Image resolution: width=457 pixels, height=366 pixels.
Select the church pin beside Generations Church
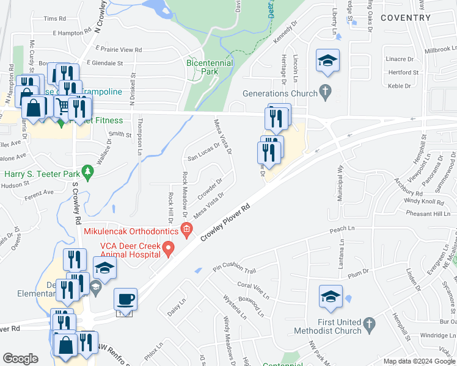pyautogui.click(x=326, y=93)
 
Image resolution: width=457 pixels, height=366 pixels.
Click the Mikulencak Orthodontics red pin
pyautogui.click(x=187, y=231)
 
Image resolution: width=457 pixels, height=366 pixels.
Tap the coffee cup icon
pyautogui.click(x=126, y=300)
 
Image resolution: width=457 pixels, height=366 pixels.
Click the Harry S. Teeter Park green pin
pyautogui.click(x=89, y=171)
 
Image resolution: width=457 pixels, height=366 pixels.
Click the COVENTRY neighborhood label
pyautogui.click(x=405, y=18)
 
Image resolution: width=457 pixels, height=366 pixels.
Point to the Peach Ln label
pyautogui.click(x=342, y=229)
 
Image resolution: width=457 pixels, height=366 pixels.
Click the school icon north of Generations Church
pyautogui.click(x=327, y=61)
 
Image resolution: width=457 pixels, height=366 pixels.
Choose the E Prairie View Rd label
pyautogui.click(x=115, y=49)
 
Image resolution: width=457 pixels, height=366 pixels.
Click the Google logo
pyautogui.click(x=21, y=359)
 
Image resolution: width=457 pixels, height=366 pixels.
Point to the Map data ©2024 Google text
pyautogui.click(x=418, y=361)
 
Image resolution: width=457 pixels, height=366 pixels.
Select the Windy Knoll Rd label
pyautogui.click(x=423, y=201)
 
